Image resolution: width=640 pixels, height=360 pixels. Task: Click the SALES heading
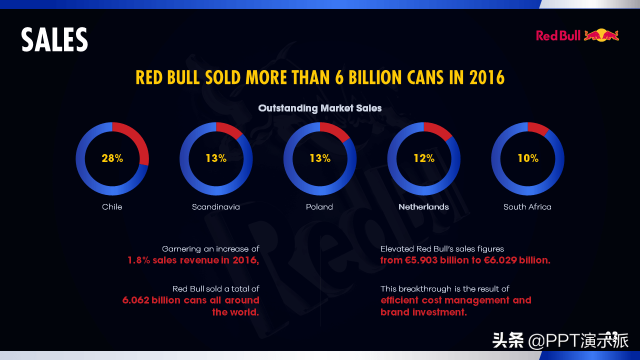tap(54, 40)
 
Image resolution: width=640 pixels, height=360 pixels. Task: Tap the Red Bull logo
tap(577, 35)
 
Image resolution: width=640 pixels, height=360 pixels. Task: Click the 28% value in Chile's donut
tap(112, 158)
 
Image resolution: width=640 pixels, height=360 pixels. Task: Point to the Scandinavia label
tap(216, 207)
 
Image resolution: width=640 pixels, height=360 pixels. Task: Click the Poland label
tap(319, 207)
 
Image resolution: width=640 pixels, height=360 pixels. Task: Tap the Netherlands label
tap(423, 207)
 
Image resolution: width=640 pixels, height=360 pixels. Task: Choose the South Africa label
tap(527, 207)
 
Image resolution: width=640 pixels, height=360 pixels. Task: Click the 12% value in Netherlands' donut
tap(424, 158)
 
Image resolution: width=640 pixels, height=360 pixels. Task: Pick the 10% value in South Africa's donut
tap(528, 158)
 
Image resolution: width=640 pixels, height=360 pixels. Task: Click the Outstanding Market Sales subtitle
tap(320, 108)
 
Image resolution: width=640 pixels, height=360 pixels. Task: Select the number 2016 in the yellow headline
tap(487, 78)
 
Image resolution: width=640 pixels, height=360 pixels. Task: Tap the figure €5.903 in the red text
tap(421, 260)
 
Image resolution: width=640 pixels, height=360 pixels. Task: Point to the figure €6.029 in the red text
tap(500, 260)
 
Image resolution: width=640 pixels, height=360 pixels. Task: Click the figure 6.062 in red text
tap(135, 300)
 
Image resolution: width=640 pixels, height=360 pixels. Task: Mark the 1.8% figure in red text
tap(139, 260)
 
